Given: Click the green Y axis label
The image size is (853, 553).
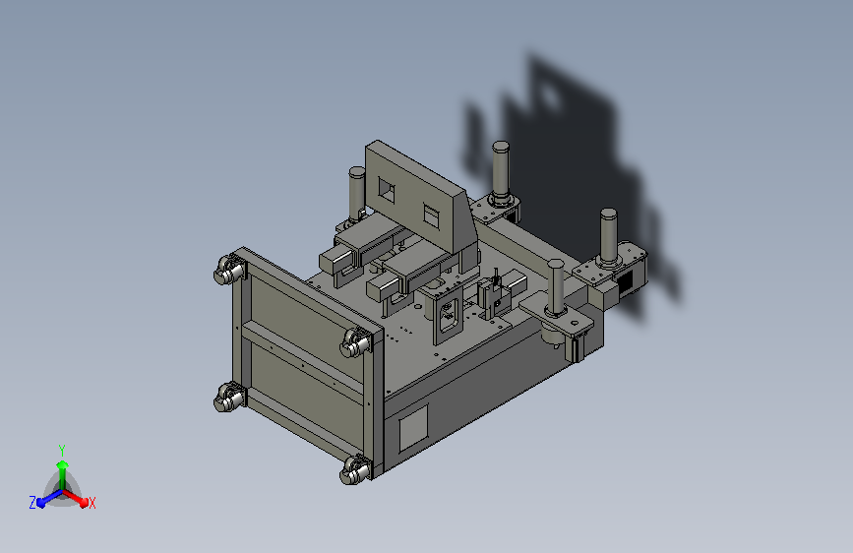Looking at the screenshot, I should coord(61,449).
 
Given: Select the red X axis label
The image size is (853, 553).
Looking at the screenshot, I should coord(91,503).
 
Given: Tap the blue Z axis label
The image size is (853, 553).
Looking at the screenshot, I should coord(32,502).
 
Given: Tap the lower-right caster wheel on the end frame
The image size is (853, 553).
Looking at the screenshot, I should coord(353,471).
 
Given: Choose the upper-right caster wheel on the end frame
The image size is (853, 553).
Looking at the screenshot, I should coord(356,344).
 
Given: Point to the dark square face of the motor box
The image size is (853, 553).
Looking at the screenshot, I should coord(625,282).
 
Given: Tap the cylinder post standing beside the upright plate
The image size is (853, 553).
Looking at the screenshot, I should coord(356,191).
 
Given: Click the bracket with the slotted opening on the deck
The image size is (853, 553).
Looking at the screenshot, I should coord(448,316).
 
